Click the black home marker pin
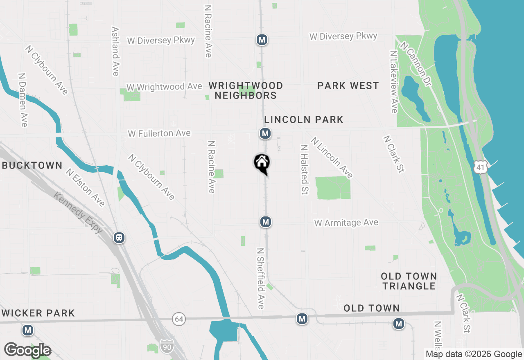262,163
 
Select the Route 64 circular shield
178,319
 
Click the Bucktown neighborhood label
32,166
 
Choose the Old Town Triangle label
409,281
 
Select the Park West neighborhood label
348,85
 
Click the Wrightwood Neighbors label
246,90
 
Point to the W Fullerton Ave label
159,133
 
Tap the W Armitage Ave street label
346,223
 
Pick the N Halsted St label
304,169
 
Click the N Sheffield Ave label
261,278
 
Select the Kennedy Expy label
78,213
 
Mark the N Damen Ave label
23,100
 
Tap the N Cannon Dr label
416,64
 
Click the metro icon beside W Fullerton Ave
265,133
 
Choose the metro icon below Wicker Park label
28,330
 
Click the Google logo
27,351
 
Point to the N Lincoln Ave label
332,157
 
